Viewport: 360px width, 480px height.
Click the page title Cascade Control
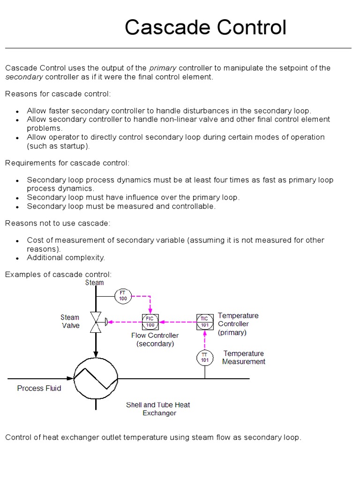pos(205,28)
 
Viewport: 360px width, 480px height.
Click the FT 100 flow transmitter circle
pos(123,296)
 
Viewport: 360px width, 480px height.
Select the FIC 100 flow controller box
pos(150,322)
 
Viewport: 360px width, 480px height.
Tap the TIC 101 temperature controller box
pos(204,322)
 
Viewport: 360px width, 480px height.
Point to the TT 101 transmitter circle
pos(204,358)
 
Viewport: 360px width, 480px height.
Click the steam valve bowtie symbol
pos(96,322)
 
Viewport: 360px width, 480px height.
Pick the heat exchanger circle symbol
pos(96,377)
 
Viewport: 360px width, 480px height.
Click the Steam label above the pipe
pos(94,283)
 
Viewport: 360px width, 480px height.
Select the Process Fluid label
pos(39,388)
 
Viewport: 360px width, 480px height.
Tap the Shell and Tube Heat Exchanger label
pos(158,409)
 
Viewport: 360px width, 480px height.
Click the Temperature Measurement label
pos(244,357)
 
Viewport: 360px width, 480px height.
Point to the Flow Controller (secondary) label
pos(155,339)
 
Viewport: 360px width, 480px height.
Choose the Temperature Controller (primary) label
pos(238,324)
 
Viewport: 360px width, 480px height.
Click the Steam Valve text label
pos(70,322)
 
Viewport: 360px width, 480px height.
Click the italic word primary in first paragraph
pos(163,68)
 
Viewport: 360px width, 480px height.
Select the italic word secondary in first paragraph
pos(24,77)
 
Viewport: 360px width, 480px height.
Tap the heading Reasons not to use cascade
pos(58,223)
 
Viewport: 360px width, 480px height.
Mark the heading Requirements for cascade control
pos(67,163)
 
